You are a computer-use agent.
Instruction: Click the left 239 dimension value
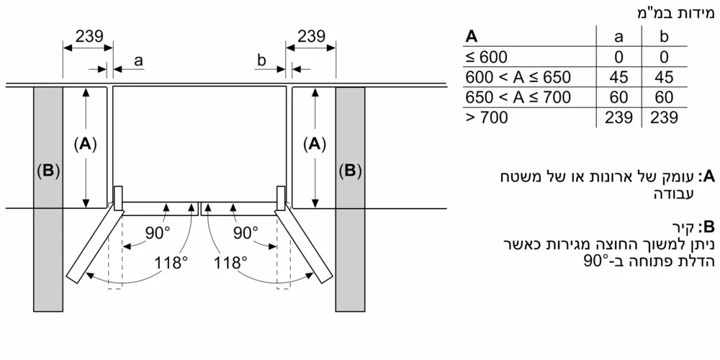pyautogui.click(x=89, y=37)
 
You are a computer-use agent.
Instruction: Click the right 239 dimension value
pyautogui.click(x=311, y=37)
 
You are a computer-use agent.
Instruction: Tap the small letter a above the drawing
pyautogui.click(x=138, y=62)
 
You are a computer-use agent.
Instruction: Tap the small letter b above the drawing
pyautogui.click(x=262, y=61)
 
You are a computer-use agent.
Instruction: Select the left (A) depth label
pyautogui.click(x=86, y=144)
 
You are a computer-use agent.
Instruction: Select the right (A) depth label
pyautogui.click(x=314, y=144)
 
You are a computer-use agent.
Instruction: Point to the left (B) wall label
pyautogui.click(x=48, y=171)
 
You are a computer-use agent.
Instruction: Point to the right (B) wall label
pyautogui.click(x=351, y=171)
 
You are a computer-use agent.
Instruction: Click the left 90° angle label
pyautogui.click(x=158, y=232)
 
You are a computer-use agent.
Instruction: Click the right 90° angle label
pyautogui.click(x=246, y=232)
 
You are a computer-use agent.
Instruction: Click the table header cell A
pyautogui.click(x=472, y=37)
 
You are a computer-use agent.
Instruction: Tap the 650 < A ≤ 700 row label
pyautogui.click(x=518, y=97)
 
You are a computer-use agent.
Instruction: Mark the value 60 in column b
pyautogui.click(x=665, y=97)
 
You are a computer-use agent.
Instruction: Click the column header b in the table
pyautogui.click(x=665, y=37)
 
